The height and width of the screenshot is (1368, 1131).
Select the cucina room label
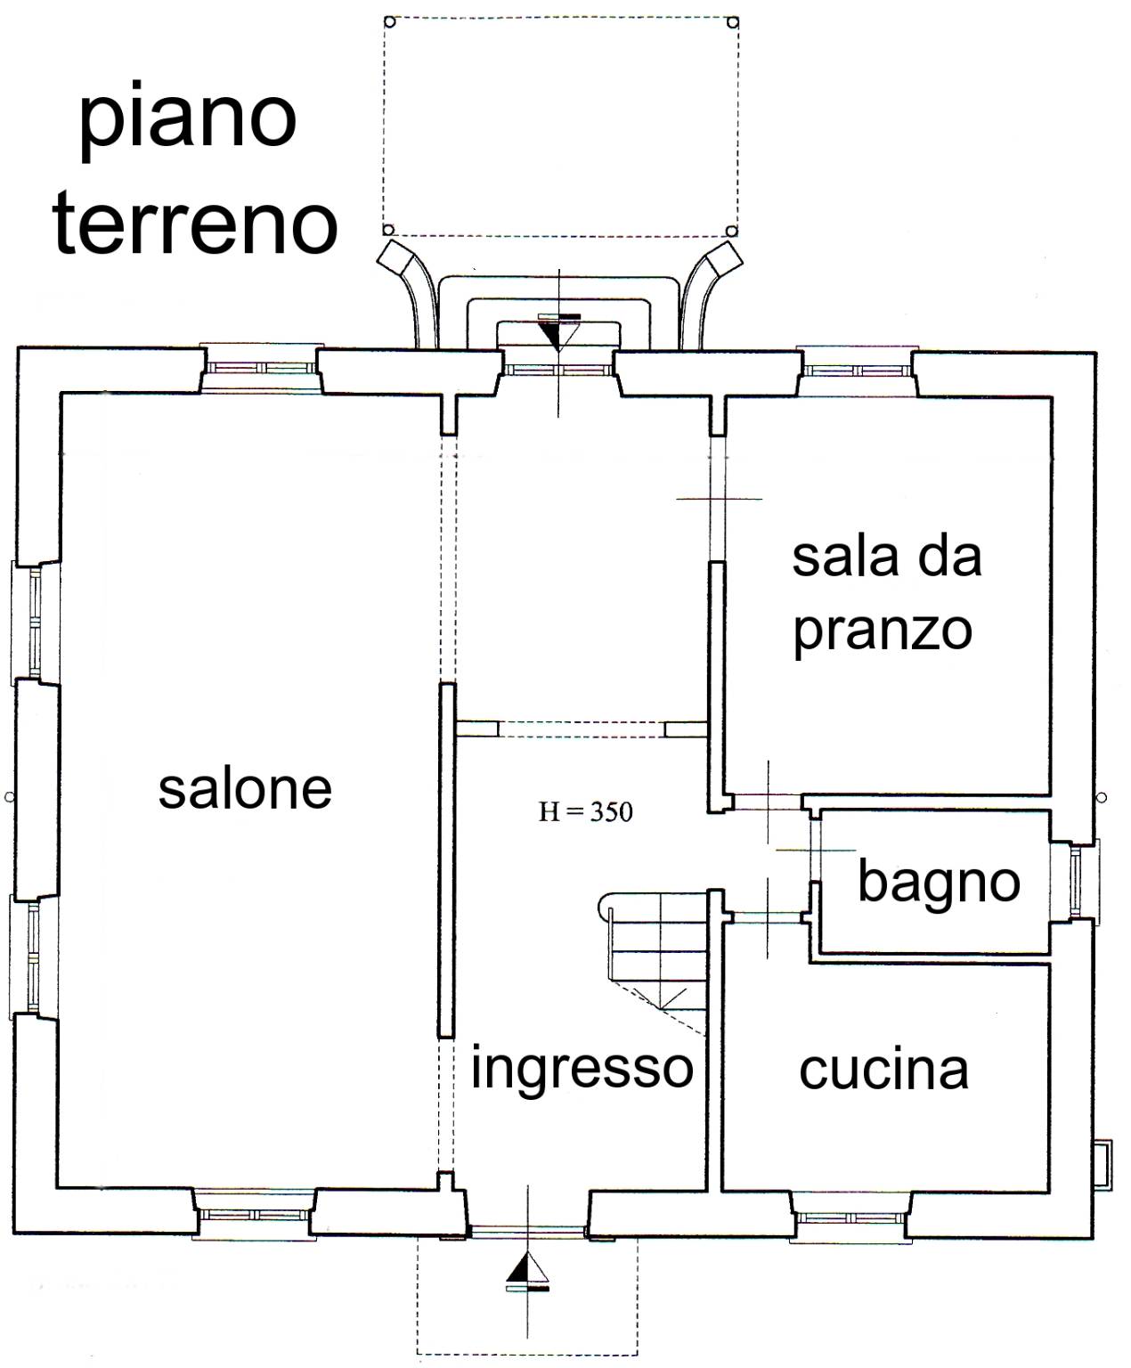pyautogui.click(x=884, y=1071)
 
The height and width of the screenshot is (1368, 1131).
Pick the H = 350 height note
pyautogui.click(x=586, y=812)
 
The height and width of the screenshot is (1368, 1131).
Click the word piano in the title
pyautogui.click(x=189, y=121)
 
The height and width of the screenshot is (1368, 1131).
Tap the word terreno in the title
pyautogui.click(x=195, y=223)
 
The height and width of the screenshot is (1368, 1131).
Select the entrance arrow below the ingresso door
pyautogui.click(x=527, y=1273)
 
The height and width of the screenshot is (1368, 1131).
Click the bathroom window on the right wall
pyautogui.click(x=1075, y=882)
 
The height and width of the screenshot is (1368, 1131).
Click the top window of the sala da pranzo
pyautogui.click(x=858, y=370)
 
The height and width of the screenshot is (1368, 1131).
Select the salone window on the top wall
pyautogui.click(x=261, y=368)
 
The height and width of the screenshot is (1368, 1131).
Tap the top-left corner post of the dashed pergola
pyautogui.click(x=389, y=21)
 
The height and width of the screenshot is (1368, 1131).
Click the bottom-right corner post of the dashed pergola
pyautogui.click(x=731, y=231)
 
